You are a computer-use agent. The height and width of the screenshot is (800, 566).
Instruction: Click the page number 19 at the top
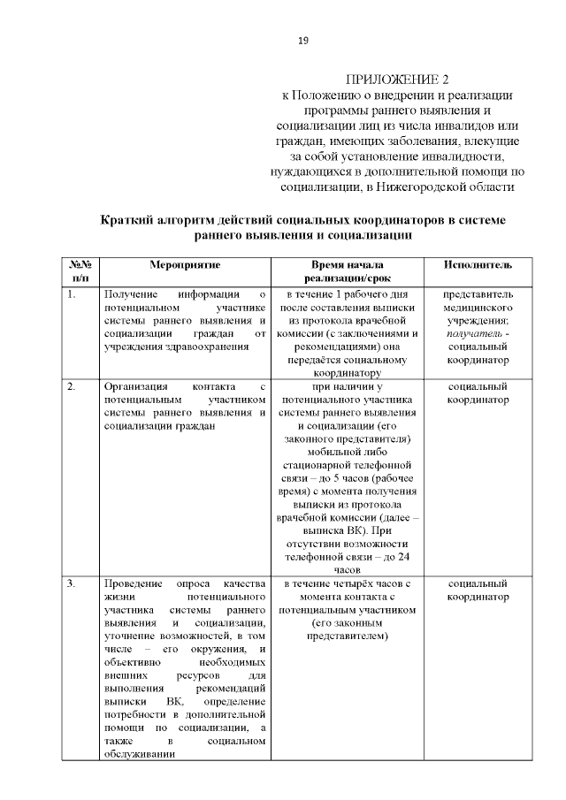[x=302, y=41]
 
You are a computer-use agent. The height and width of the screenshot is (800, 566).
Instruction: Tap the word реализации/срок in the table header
[x=359, y=278]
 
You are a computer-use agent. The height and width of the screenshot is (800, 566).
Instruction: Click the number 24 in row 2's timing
[x=401, y=558]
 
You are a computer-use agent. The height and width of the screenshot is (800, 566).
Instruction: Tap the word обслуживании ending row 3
[x=138, y=755]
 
